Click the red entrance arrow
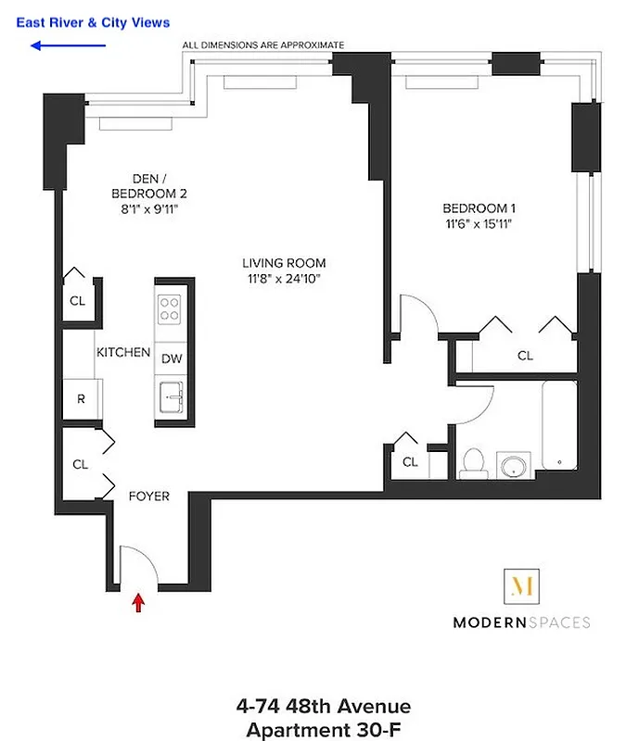[139, 603]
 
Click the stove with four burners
[171, 308]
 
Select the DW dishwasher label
[172, 358]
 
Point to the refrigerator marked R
[81, 400]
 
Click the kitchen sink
[172, 398]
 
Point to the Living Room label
[286, 263]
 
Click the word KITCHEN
[123, 353]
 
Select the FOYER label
[148, 496]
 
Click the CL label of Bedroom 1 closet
[525, 355]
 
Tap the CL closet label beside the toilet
[410, 461]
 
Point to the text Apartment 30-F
[324, 729]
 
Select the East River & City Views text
[93, 22]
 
